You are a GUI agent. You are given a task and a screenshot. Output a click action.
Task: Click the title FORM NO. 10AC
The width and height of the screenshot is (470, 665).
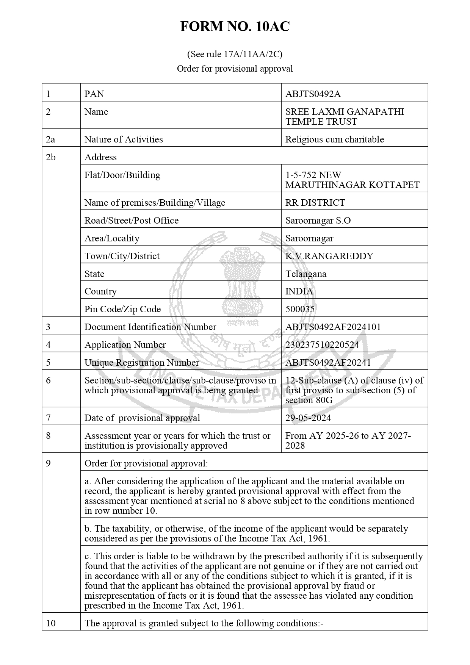(x=235, y=27)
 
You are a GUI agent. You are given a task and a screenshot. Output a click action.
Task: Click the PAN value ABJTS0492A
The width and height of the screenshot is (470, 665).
(x=310, y=94)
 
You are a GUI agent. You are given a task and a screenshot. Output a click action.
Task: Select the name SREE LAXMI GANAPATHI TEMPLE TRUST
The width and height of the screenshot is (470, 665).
(x=344, y=117)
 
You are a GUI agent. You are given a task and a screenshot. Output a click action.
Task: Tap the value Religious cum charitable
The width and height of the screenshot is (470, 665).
(x=334, y=139)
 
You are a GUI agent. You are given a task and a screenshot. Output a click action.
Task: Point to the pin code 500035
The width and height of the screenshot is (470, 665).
(x=300, y=309)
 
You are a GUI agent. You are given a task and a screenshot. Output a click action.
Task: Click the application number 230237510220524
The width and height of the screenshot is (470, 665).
(x=322, y=345)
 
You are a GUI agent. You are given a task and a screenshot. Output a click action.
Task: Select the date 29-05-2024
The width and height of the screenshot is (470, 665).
(x=308, y=418)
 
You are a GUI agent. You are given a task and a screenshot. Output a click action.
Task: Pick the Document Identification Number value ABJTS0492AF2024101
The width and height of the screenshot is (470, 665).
(x=333, y=327)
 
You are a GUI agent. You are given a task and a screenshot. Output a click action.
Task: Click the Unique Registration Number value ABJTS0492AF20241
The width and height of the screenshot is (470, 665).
(x=328, y=363)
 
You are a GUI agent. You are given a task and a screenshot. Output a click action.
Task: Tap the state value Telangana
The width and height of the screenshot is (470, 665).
(x=305, y=274)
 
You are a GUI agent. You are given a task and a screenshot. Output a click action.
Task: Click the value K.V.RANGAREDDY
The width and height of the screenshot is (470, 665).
(x=329, y=256)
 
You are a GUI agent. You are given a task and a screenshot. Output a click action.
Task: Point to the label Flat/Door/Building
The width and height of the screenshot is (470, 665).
(x=122, y=175)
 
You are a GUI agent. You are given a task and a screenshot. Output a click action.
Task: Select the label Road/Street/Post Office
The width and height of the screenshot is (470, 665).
(x=131, y=221)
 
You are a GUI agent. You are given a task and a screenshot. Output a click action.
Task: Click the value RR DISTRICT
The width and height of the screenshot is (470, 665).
(x=315, y=203)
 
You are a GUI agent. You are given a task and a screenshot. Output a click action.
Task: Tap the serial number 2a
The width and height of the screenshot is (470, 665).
(x=50, y=139)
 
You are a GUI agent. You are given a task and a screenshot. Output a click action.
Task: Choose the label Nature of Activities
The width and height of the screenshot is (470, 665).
(x=124, y=139)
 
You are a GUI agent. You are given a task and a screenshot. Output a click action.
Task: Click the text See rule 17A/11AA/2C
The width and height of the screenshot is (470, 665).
(x=235, y=54)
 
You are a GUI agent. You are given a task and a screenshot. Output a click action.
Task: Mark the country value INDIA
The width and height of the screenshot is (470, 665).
(x=299, y=291)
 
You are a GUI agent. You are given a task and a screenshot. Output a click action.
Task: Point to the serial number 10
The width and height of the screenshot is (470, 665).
(x=51, y=623)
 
